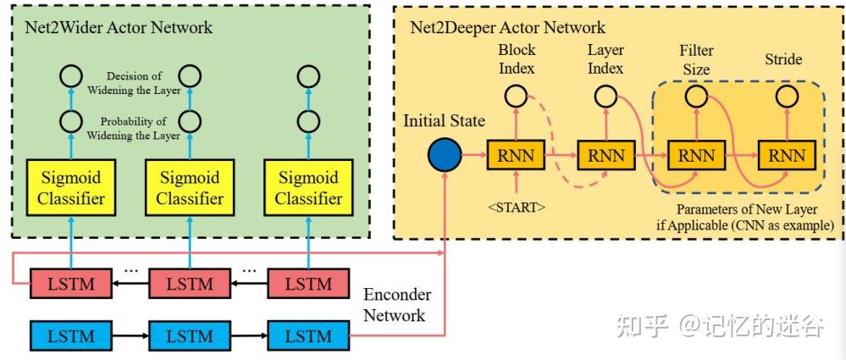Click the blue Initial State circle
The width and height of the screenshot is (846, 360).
click(x=445, y=156)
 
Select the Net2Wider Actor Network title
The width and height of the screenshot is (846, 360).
click(x=119, y=27)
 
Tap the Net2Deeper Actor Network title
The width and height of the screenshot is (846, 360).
click(x=508, y=27)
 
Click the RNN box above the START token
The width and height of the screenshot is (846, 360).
click(x=516, y=156)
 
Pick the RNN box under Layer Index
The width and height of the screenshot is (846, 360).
click(x=605, y=156)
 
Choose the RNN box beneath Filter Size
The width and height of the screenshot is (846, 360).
click(x=696, y=156)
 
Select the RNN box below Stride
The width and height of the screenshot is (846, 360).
click(x=787, y=156)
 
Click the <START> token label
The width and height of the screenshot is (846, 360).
click(x=517, y=207)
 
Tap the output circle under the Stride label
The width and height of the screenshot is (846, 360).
click(x=787, y=97)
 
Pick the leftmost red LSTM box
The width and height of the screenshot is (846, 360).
click(x=70, y=284)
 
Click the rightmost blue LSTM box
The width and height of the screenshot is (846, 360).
click(x=308, y=335)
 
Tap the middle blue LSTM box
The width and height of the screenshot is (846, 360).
click(x=190, y=335)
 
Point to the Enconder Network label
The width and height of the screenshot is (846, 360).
click(x=397, y=305)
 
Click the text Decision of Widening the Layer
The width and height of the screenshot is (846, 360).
click(x=135, y=83)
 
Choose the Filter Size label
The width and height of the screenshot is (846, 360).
click(x=697, y=60)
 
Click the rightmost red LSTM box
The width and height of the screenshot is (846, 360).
click(x=308, y=284)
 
